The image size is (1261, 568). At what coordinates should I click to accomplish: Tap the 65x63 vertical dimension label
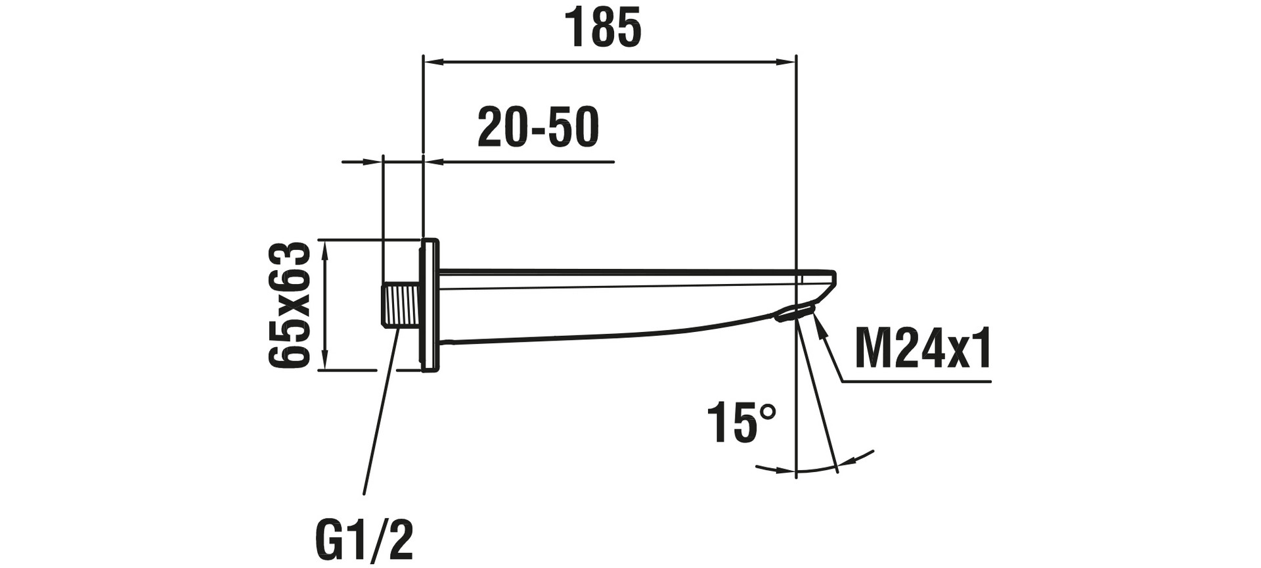point(289,304)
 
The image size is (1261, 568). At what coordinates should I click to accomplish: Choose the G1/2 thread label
point(365,540)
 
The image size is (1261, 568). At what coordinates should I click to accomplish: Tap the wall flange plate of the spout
point(429,305)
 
